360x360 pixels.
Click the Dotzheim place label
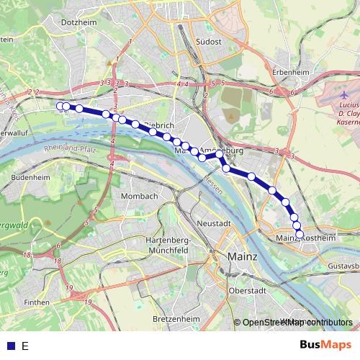pos(81,22)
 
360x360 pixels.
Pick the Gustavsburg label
pos(343,266)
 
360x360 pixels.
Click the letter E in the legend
pos(24,346)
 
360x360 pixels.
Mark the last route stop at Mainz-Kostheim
pos(300,233)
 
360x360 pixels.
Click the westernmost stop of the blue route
pos(60,107)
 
